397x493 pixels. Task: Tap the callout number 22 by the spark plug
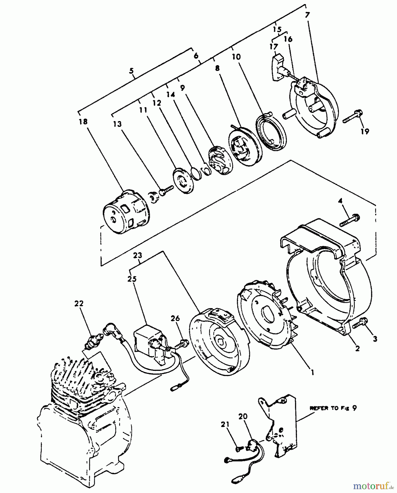79,303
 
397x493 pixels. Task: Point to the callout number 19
365,131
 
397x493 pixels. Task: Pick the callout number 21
225,425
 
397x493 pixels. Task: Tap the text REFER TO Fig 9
333,408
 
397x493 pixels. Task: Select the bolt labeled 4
350,221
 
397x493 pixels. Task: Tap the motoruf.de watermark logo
373,486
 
